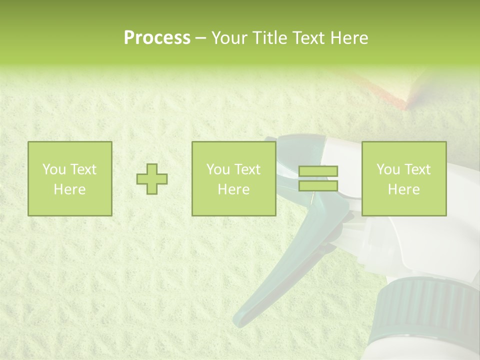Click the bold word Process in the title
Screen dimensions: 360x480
click(x=157, y=38)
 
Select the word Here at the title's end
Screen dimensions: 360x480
click(x=348, y=38)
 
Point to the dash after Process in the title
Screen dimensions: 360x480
click(x=200, y=38)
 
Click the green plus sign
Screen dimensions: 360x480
click(x=152, y=178)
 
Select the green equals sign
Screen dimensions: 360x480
click(x=318, y=178)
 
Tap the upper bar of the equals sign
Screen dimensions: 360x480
click(x=318, y=171)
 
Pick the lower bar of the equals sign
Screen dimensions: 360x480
click(x=318, y=186)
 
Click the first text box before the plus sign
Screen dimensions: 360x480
click(x=69, y=178)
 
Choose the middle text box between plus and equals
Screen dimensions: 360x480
click(x=233, y=178)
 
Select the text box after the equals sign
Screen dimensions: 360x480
click(x=404, y=178)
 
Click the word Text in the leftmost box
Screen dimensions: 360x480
click(x=82, y=169)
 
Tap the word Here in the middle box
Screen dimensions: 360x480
click(x=233, y=189)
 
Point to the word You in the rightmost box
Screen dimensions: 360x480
click(x=388, y=169)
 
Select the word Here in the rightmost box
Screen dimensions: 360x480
click(x=404, y=189)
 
